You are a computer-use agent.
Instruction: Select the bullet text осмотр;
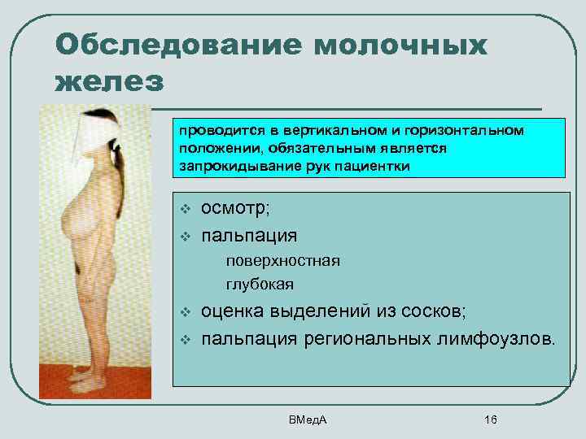tap(237, 209)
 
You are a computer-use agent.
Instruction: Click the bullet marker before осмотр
tap(185, 210)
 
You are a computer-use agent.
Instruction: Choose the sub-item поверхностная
tap(282, 261)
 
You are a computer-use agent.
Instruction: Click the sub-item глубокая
tap(260, 285)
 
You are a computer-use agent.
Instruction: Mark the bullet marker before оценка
tap(185, 313)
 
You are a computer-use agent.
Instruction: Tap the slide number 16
tap(490, 419)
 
